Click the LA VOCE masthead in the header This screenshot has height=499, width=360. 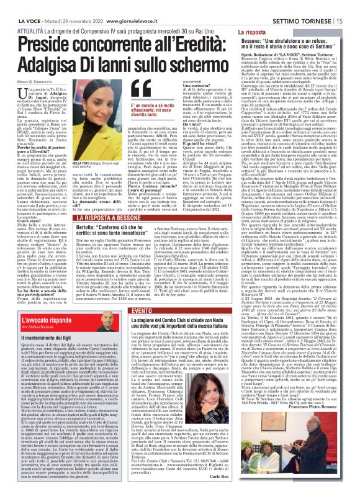pos(19,5)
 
